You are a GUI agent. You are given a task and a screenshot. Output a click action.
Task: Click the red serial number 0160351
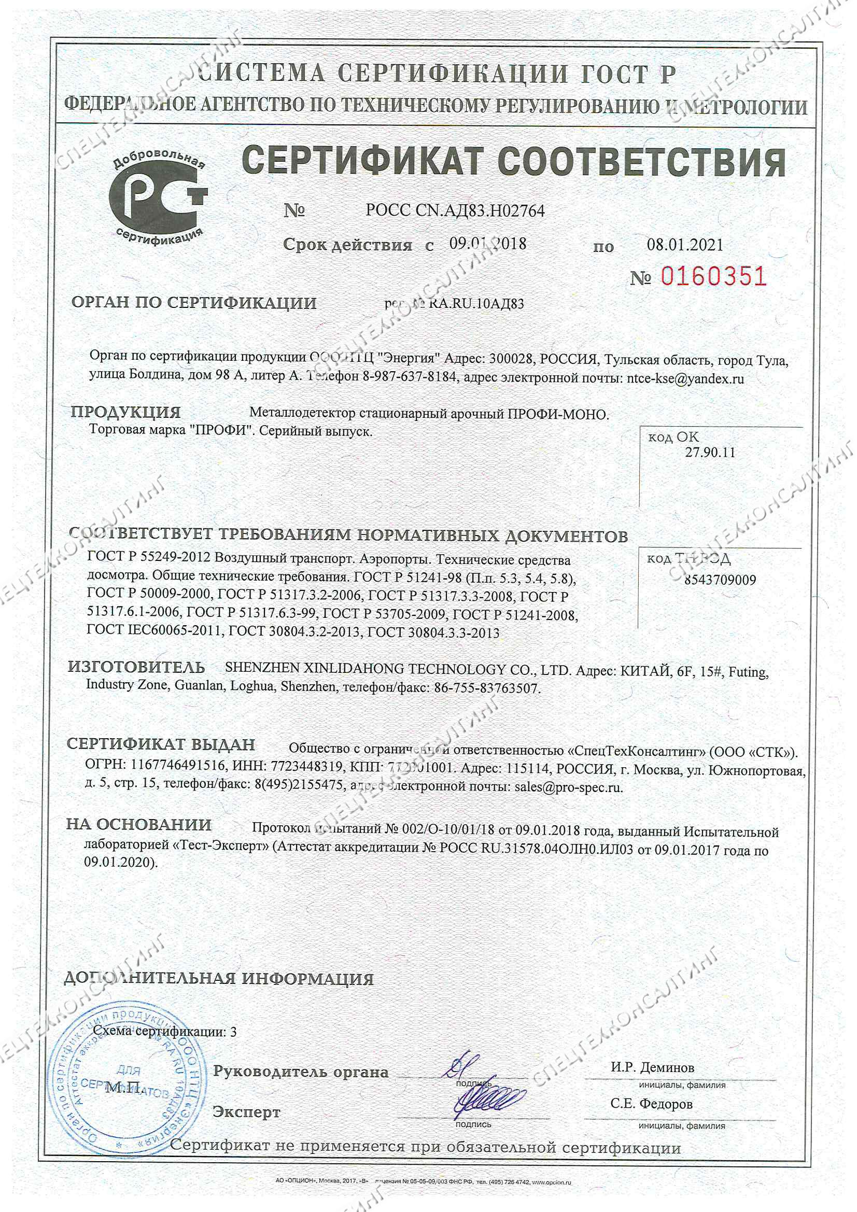tap(713, 276)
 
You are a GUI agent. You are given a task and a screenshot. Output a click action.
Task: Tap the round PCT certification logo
tap(158, 202)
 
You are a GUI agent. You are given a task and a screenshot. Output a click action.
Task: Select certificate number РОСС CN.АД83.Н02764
tap(455, 211)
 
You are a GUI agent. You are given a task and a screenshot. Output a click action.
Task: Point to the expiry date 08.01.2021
tap(684, 244)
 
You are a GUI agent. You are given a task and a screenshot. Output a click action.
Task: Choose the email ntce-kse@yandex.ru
tap(684, 378)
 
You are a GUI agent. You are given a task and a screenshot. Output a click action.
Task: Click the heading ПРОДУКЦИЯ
tap(125, 412)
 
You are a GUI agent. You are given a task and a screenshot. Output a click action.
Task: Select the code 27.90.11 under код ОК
tap(710, 453)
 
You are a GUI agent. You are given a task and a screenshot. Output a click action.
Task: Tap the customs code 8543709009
tap(720, 580)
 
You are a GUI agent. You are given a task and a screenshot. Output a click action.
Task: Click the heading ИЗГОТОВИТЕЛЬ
tap(136, 667)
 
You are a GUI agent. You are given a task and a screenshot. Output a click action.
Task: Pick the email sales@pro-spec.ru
tap(568, 787)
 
